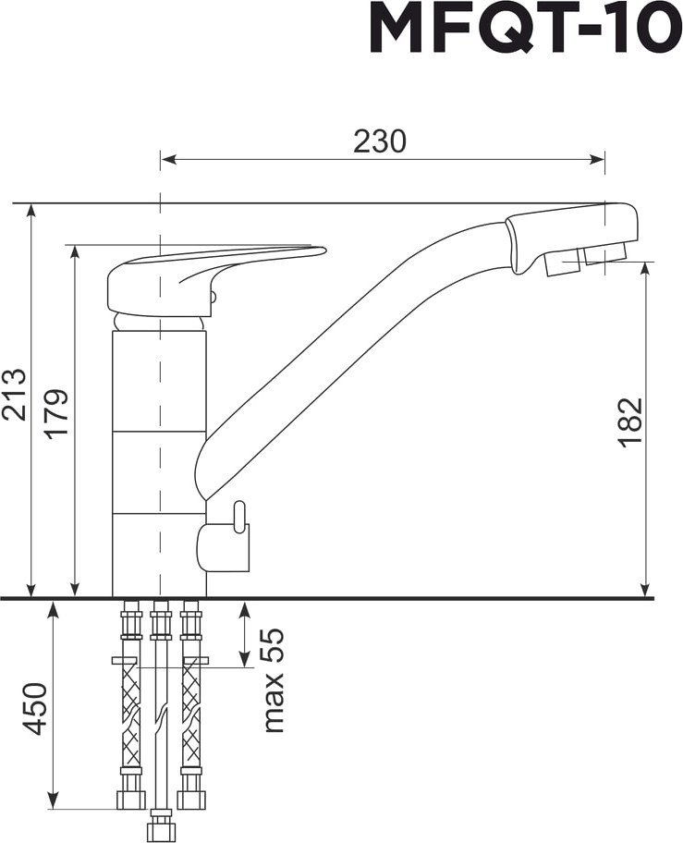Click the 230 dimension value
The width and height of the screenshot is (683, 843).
(x=380, y=141)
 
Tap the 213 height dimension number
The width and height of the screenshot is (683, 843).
(x=14, y=394)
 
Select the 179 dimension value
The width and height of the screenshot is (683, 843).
(x=57, y=413)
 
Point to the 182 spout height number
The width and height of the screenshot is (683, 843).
(x=630, y=422)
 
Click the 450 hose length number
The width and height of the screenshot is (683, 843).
(x=36, y=709)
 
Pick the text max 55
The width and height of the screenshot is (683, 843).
(x=273, y=681)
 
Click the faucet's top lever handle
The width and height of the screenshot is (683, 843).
(x=215, y=279)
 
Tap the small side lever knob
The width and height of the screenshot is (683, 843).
(x=239, y=516)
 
